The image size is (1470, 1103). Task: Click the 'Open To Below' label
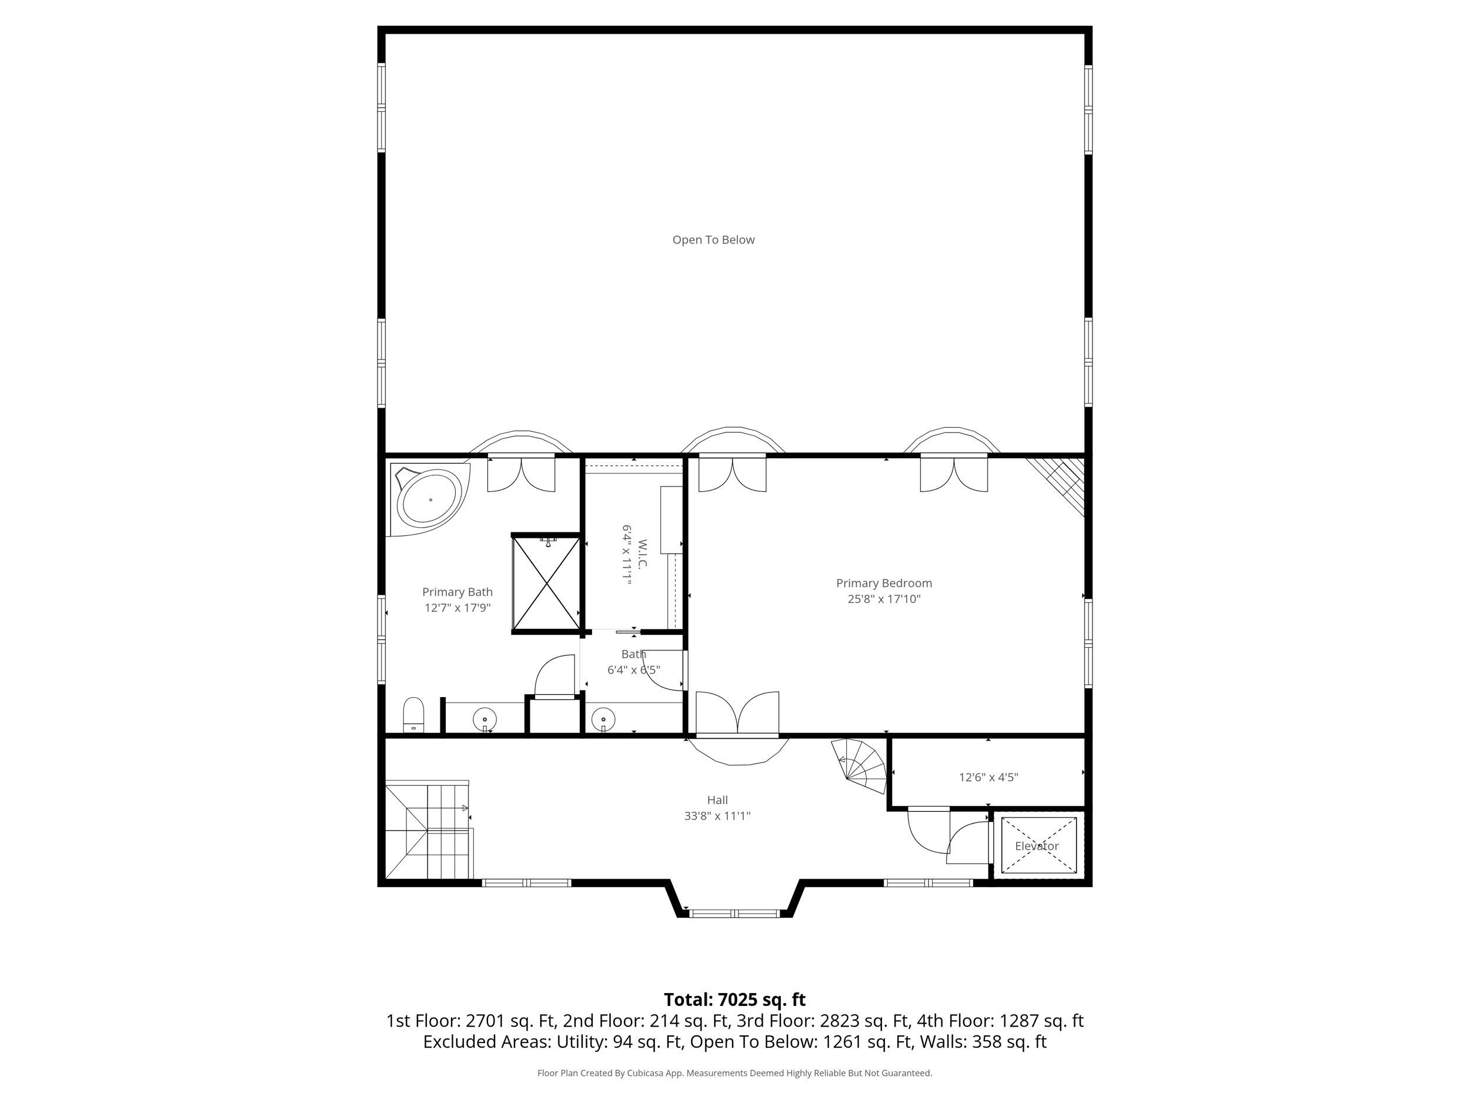click(713, 240)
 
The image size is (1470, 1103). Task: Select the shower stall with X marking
click(546, 583)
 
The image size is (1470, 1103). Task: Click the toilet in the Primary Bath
click(413, 715)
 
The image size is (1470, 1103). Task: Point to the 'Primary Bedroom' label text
click(883, 583)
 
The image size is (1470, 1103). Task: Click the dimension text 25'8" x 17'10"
click(883, 599)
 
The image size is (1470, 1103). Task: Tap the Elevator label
click(1036, 847)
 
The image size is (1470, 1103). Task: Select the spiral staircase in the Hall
click(861, 768)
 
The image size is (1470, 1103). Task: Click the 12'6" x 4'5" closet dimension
click(988, 777)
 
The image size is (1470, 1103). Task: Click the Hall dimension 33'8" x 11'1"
click(717, 816)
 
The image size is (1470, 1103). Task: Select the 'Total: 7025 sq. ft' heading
click(734, 1000)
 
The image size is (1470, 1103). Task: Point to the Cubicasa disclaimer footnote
click(734, 1073)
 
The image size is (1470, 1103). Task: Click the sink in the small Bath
click(603, 719)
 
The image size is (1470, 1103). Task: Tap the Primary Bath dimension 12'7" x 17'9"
click(457, 608)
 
